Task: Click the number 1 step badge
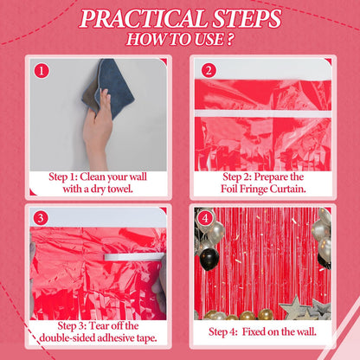42,71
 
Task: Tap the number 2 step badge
209,70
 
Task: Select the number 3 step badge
41,218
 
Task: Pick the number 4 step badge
204,218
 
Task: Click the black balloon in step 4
209,260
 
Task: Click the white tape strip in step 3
133,257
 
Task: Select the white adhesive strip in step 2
263,113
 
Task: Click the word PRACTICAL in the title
143,19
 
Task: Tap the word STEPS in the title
247,19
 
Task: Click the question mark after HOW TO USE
229,40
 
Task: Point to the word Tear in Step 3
99,326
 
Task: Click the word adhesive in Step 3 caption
116,337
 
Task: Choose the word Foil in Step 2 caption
229,189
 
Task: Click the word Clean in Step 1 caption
93,177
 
